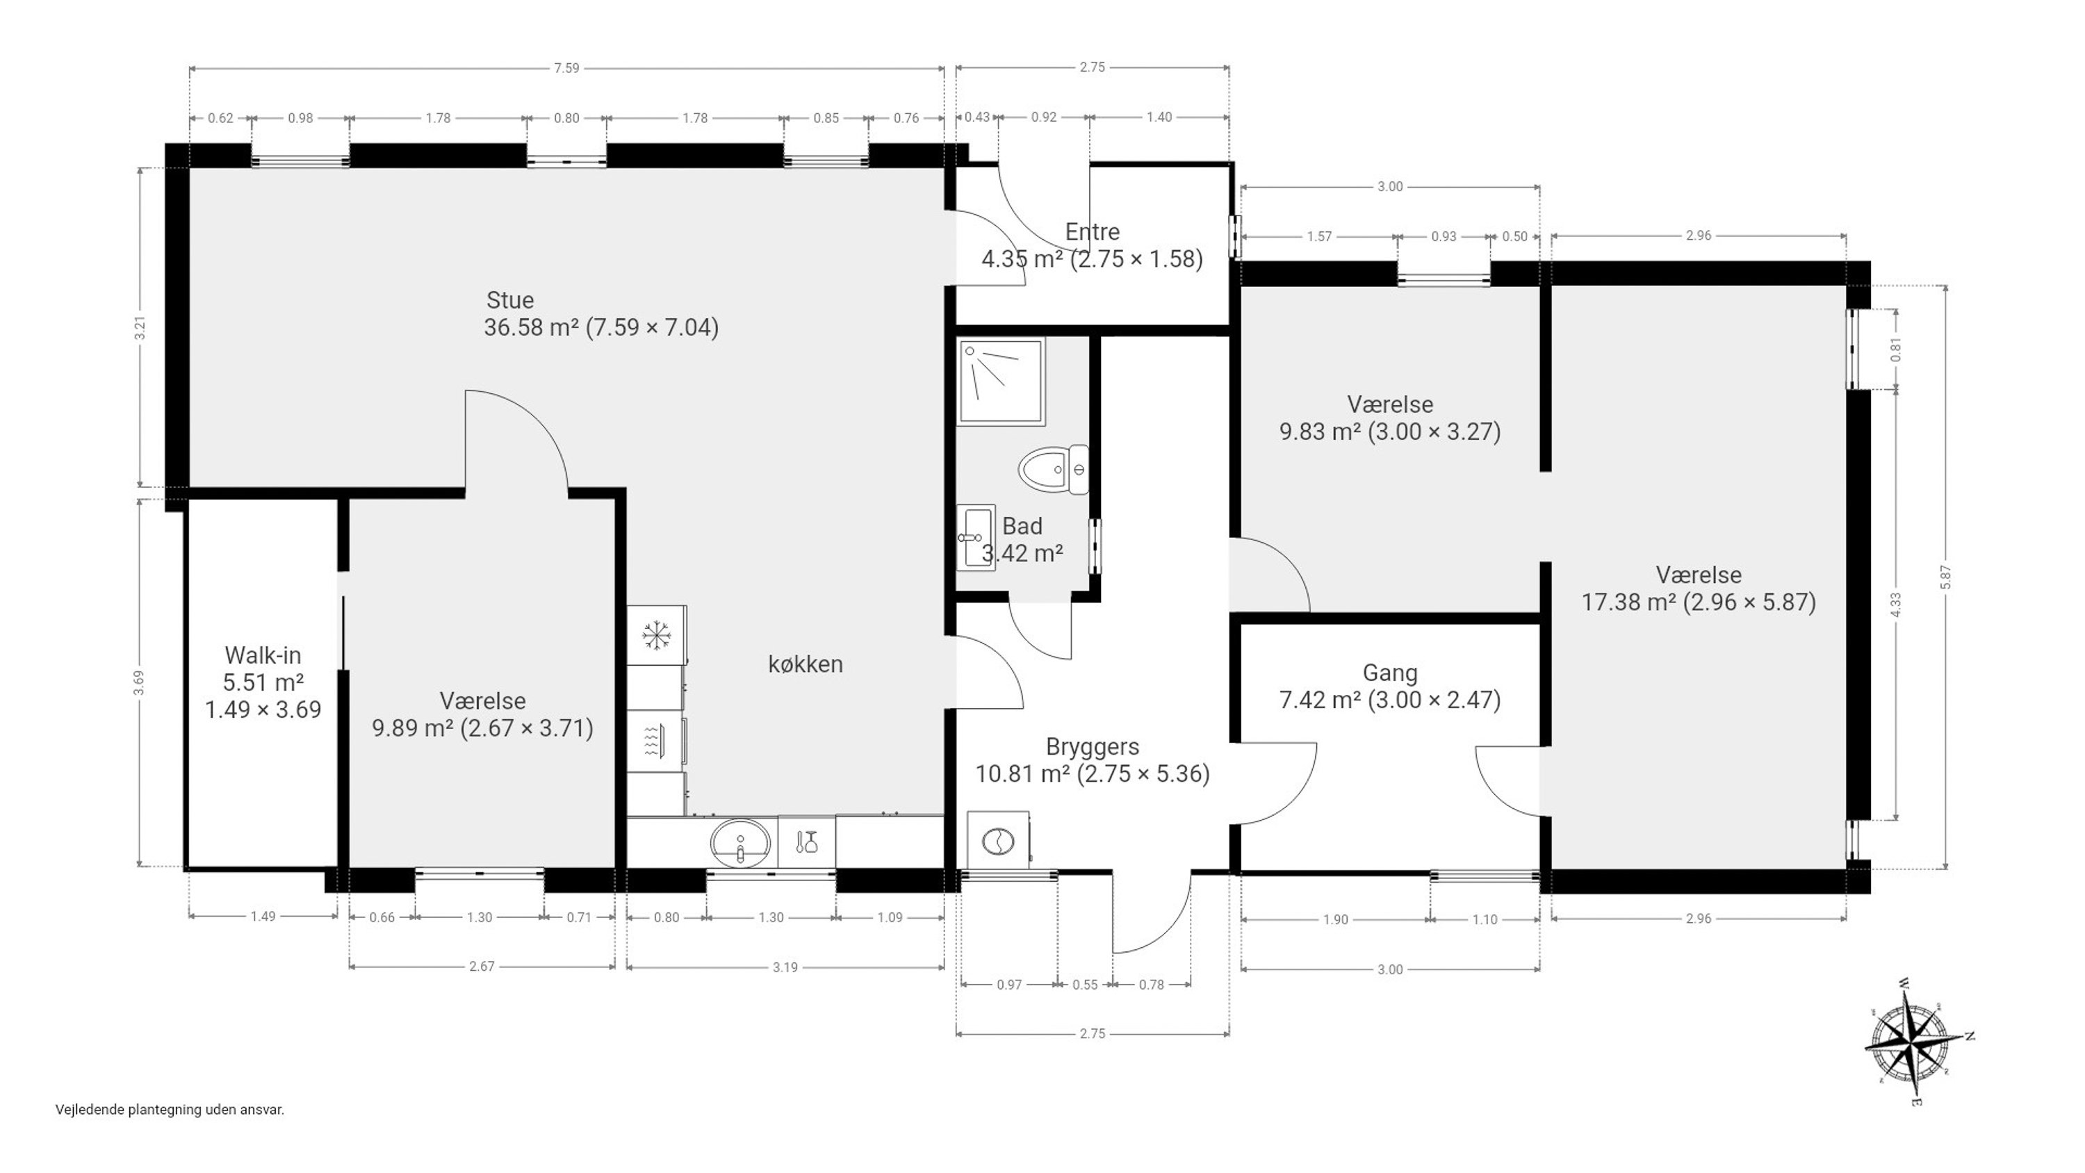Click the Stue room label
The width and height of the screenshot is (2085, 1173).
point(510,300)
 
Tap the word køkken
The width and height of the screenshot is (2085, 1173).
point(806,664)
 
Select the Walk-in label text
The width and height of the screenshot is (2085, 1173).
point(263,655)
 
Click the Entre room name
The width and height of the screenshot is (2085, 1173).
point(1093,232)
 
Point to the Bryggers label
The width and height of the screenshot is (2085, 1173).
point(1093,746)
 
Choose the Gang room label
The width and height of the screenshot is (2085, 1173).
point(1390,673)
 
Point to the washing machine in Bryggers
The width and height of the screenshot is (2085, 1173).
point(999,841)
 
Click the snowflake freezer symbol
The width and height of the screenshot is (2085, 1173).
point(656,635)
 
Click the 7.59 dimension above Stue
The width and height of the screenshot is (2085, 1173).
point(566,68)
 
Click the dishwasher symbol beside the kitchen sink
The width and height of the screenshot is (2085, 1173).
point(807,843)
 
